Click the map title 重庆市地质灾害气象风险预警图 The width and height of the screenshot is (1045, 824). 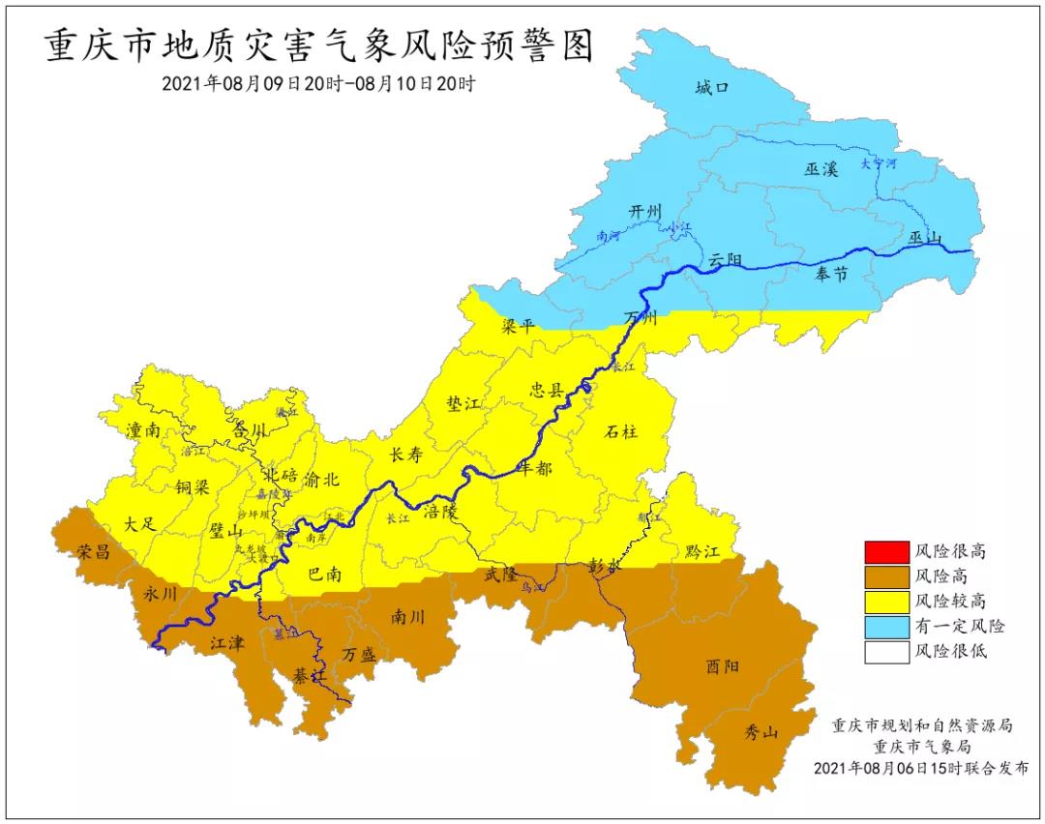pos(318,45)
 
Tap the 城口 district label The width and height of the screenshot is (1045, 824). pos(711,89)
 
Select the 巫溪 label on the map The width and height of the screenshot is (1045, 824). pos(821,168)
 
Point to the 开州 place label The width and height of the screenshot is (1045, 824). pos(643,211)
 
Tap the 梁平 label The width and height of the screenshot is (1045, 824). pos(518,326)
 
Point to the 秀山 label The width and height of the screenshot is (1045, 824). pos(761,731)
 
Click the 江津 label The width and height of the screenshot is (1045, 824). pos(228,640)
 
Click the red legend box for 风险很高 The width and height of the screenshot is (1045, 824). pos(886,551)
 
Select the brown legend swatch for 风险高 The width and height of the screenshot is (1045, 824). pos(886,576)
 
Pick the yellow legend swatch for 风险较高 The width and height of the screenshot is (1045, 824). pos(886,602)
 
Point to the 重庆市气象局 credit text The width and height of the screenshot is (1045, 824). pos(921,746)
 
